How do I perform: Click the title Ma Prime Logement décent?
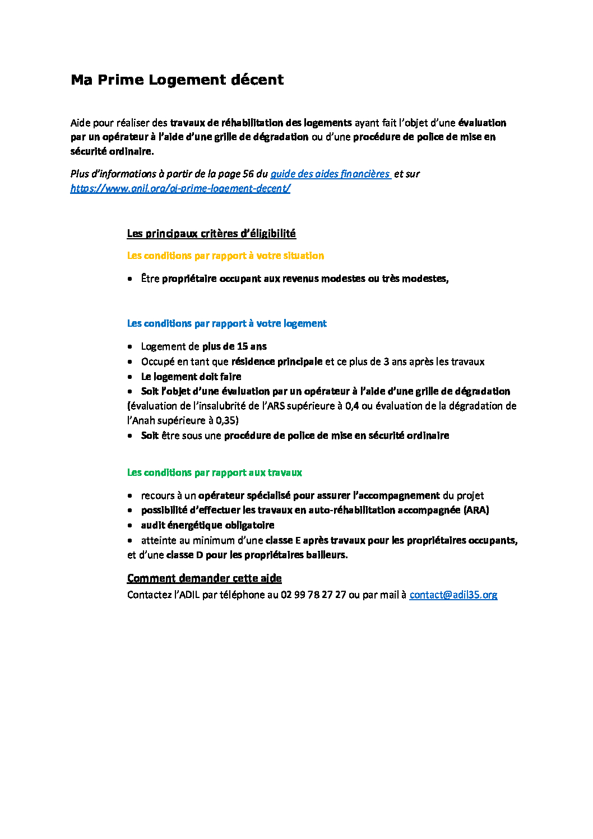click(x=177, y=80)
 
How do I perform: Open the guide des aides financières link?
click(x=330, y=174)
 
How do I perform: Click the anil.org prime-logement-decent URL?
click(x=180, y=188)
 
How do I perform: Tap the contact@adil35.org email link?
click(x=453, y=595)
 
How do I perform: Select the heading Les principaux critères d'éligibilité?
click(x=211, y=233)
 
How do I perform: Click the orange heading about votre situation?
click(x=225, y=256)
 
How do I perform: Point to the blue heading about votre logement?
click(x=226, y=323)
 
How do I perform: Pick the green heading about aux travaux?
click(x=214, y=472)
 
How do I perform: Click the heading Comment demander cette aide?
click(x=204, y=578)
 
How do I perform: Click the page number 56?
click(x=248, y=174)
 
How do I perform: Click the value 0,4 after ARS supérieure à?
click(x=352, y=406)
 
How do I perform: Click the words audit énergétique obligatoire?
click(x=207, y=525)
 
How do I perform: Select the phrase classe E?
click(x=283, y=540)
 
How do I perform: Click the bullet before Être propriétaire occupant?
click(x=130, y=279)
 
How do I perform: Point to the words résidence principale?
click(x=276, y=361)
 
